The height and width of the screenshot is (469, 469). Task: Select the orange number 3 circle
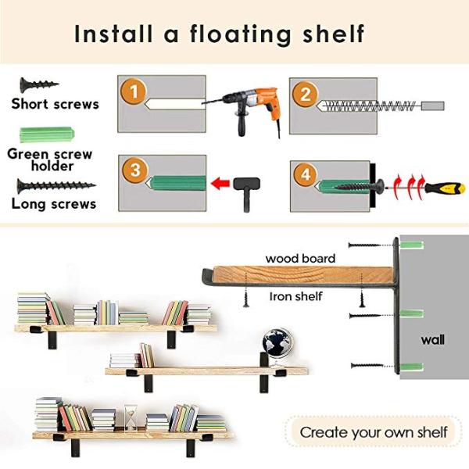coord(134,170)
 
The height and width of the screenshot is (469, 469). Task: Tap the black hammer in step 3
coord(245,187)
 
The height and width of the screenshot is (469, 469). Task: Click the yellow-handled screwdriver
coord(444,188)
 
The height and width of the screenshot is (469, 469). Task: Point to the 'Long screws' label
coord(54,204)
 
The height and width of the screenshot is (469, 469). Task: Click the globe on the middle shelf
coord(274,342)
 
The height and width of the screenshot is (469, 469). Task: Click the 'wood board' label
coord(301,258)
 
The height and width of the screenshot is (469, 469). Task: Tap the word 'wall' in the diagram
coord(433,340)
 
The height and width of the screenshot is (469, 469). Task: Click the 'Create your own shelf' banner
coord(373,431)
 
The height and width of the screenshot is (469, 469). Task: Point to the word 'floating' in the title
coord(251,34)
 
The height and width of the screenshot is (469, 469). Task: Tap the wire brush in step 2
coord(367,106)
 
